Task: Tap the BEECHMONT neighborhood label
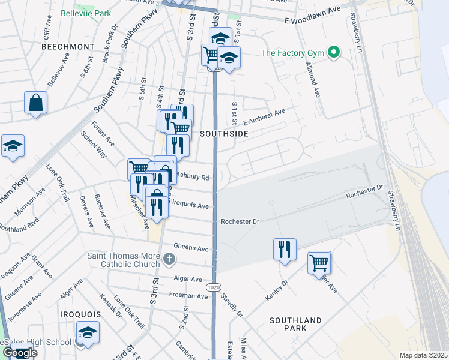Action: tap(68, 46)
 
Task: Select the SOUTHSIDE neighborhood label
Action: tap(224, 134)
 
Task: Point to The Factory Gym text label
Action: tap(292, 53)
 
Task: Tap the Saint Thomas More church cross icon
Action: tap(169, 259)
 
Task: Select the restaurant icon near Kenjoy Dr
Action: tap(284, 249)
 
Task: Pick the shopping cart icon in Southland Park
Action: tap(319, 262)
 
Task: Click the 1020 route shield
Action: tap(213, 288)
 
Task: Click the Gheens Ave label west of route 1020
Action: tap(191, 248)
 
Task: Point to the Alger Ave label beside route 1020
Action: tap(188, 279)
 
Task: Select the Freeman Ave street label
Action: tap(188, 295)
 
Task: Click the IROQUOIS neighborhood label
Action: tap(78, 314)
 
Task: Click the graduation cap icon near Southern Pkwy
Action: tap(13, 146)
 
